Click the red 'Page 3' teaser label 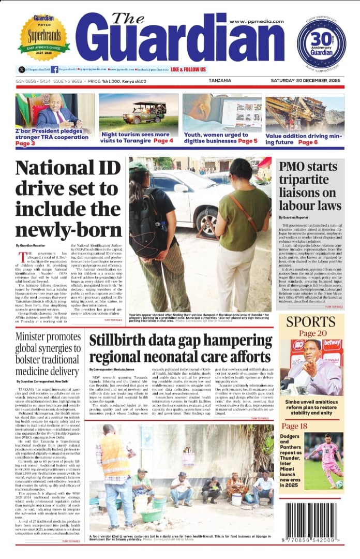pos(25,143)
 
